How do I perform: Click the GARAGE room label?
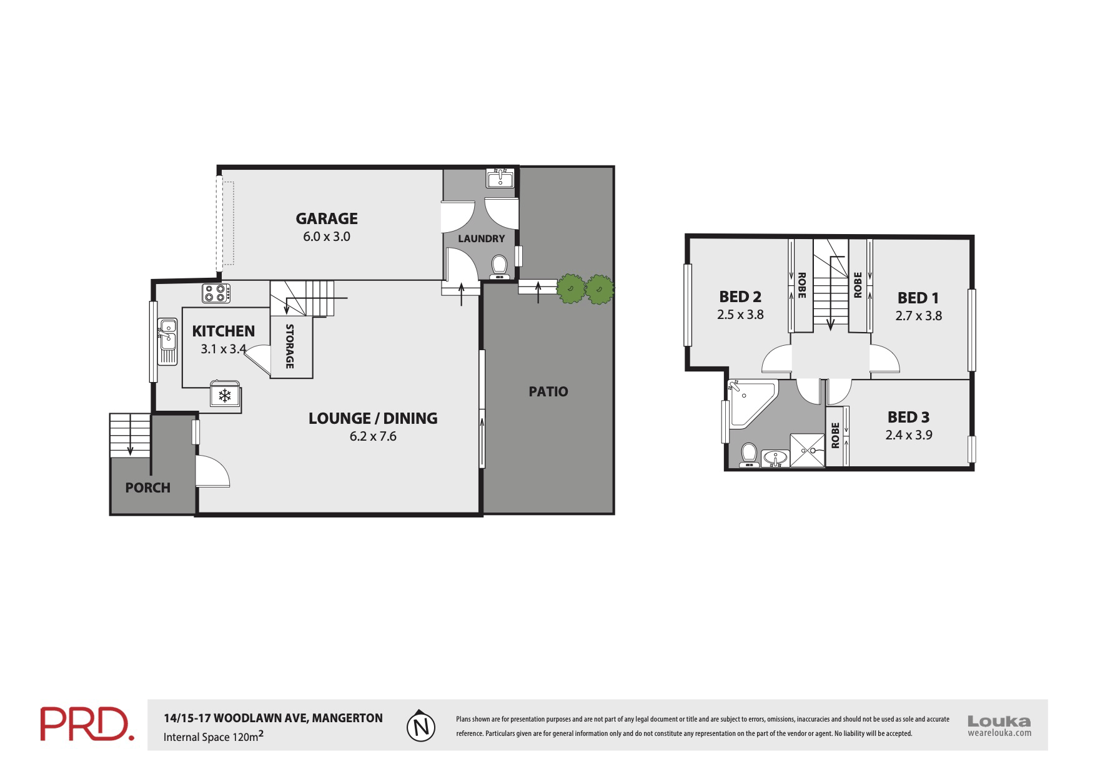(x=326, y=218)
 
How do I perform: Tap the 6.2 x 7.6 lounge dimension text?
(x=373, y=436)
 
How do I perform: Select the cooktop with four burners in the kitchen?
(x=216, y=293)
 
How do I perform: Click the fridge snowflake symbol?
(x=225, y=396)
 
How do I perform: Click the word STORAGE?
(x=290, y=346)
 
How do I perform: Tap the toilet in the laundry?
(x=498, y=266)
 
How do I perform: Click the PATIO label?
(x=548, y=391)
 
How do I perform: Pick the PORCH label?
(x=147, y=487)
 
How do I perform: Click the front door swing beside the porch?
(x=212, y=472)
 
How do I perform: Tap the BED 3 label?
(x=908, y=417)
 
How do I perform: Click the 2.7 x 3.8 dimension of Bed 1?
(x=918, y=316)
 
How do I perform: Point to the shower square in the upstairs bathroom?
(x=807, y=450)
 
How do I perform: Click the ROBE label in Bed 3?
(x=835, y=436)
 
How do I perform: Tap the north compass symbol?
(x=420, y=726)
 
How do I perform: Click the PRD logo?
(x=87, y=724)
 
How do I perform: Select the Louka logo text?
(x=999, y=722)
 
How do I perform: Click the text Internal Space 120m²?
(x=213, y=737)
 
